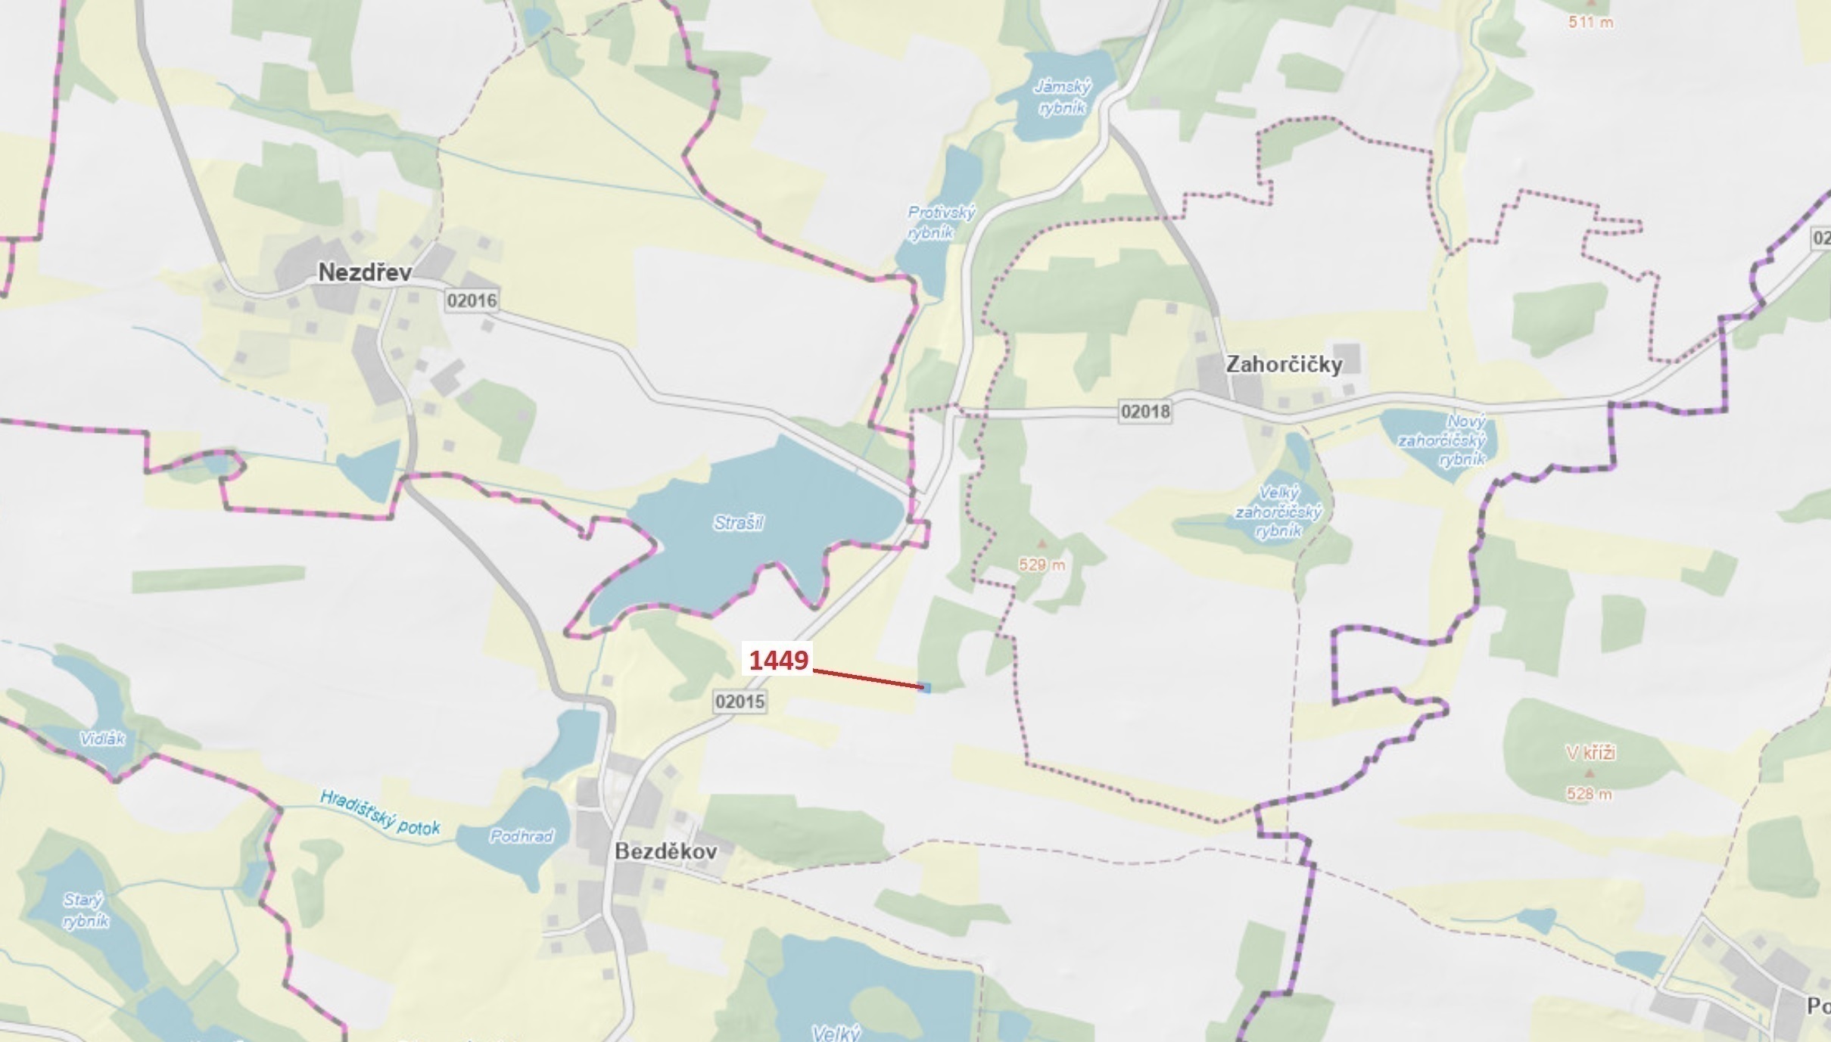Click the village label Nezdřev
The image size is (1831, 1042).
click(364, 272)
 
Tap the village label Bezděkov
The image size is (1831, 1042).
click(665, 851)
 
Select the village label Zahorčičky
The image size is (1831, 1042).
click(1284, 365)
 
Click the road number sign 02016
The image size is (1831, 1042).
click(472, 300)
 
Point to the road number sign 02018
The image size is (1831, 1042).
click(1144, 412)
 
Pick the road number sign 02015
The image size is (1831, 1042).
click(740, 701)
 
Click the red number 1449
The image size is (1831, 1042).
click(779, 661)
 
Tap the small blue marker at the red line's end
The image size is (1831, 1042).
click(925, 687)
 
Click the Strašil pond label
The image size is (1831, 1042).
click(739, 523)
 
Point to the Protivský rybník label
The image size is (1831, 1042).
click(941, 222)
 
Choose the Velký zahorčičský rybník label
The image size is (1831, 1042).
click(1278, 512)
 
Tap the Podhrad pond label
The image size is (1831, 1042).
click(522, 836)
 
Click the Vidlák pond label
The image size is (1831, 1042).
click(102, 739)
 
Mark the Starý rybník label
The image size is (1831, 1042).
click(85, 910)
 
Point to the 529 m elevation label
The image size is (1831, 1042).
click(1042, 565)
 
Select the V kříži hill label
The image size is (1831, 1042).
click(1590, 752)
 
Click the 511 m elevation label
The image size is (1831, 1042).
click(1590, 23)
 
